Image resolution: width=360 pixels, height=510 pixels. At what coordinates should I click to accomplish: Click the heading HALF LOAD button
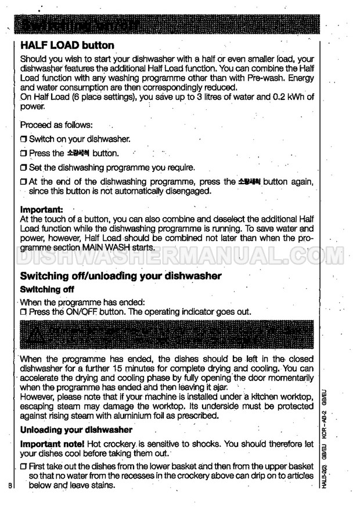pyautogui.click(x=67, y=45)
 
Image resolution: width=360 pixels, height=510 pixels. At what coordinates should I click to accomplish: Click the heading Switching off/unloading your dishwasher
pyautogui.click(x=120, y=276)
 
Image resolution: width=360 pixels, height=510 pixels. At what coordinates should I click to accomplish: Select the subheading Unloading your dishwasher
pyautogui.click(x=76, y=430)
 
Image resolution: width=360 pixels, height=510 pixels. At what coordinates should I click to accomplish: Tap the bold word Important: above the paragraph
pyautogui.click(x=42, y=209)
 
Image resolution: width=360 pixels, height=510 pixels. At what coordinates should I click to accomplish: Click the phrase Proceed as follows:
pyautogui.click(x=56, y=125)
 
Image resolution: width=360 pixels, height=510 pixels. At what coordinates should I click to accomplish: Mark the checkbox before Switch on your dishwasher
pyautogui.click(x=24, y=139)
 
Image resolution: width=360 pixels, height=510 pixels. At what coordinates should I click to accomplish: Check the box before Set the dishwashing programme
pyautogui.click(x=24, y=168)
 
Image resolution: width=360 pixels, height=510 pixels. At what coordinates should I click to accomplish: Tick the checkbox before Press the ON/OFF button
pyautogui.click(x=24, y=311)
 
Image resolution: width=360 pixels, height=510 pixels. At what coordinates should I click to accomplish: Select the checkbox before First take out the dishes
pyautogui.click(x=24, y=467)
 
